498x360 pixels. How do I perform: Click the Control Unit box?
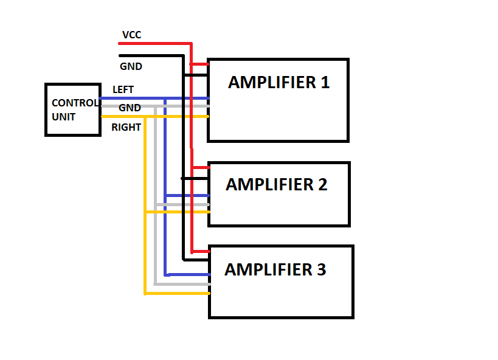[72, 110]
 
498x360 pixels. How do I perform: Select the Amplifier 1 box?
[278, 100]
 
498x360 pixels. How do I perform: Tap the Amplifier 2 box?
[278, 194]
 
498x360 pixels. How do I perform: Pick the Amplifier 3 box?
[281, 282]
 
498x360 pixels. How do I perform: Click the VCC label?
[131, 35]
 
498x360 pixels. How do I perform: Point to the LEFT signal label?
[123, 90]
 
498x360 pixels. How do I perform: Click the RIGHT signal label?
[126, 128]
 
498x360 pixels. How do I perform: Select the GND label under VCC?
[131, 67]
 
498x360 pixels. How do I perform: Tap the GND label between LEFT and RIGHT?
[130, 108]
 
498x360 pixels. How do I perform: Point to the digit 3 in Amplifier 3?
[320, 269]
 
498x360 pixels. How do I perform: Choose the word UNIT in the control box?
[64, 117]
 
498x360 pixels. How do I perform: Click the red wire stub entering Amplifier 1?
[199, 64]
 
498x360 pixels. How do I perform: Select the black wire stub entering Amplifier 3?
[196, 259]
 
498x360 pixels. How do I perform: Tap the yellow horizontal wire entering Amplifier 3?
[176, 294]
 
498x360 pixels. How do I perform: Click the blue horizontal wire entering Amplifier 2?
[187, 195]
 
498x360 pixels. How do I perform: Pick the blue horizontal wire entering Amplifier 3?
[187, 274]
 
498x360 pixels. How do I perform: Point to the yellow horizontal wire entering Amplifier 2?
[176, 212]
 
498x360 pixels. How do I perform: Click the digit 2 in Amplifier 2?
[322, 185]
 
